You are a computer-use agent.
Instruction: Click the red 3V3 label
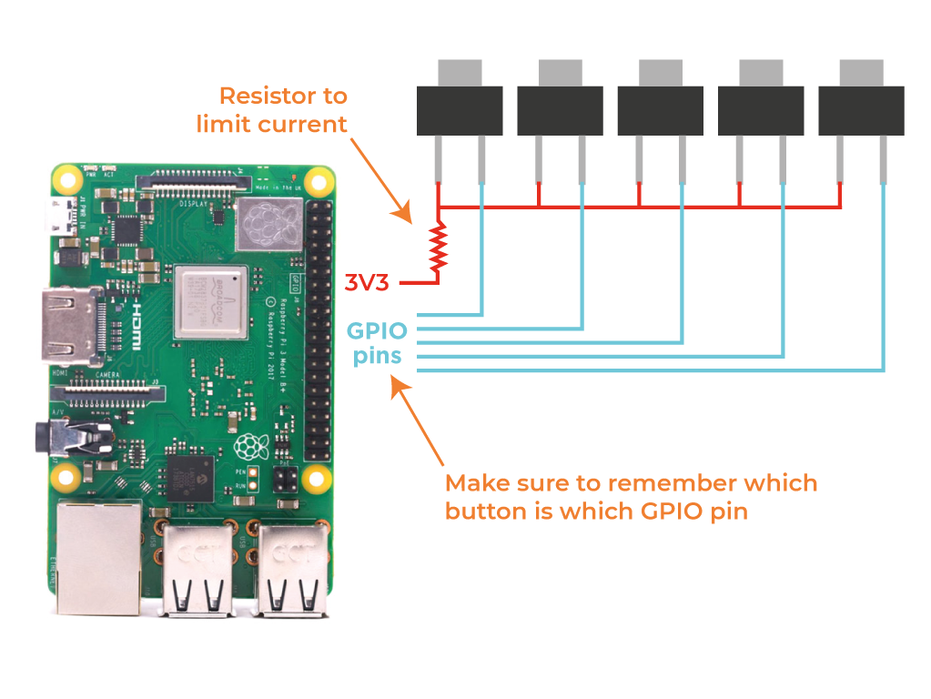(367, 283)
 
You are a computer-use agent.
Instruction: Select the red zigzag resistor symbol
(440, 246)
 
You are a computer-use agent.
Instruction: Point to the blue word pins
(378, 355)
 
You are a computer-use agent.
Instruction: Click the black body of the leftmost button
(460, 110)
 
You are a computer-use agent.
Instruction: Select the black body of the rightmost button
(861, 110)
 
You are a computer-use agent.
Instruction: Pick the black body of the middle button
(661, 110)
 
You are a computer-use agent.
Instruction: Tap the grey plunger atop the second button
(560, 72)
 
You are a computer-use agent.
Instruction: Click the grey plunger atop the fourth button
(761, 72)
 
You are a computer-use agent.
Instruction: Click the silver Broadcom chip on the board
(211, 302)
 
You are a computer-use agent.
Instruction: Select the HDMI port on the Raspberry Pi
(70, 326)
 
